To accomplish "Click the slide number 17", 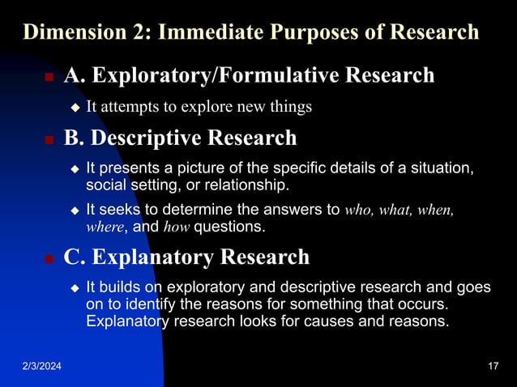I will (x=493, y=369).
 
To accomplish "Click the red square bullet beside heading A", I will (x=48, y=78).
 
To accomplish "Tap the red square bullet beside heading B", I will (x=48, y=140).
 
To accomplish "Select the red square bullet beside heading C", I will (x=48, y=259).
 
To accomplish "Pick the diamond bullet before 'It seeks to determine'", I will (x=75, y=211).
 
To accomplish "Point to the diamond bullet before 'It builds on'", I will (x=75, y=288).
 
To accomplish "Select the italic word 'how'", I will (x=176, y=228).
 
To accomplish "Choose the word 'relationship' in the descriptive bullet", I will (x=248, y=185).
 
